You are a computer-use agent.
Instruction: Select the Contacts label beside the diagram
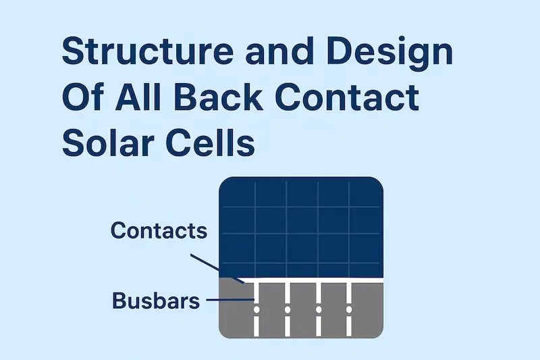coord(159,230)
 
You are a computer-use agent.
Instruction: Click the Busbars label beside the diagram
coord(157,300)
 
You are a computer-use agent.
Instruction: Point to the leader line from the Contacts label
coord(216,267)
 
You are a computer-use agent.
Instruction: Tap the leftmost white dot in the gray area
coord(256,309)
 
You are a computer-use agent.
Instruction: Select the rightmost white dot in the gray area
coord(349,309)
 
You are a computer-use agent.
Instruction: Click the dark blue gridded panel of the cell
coord(302,226)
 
